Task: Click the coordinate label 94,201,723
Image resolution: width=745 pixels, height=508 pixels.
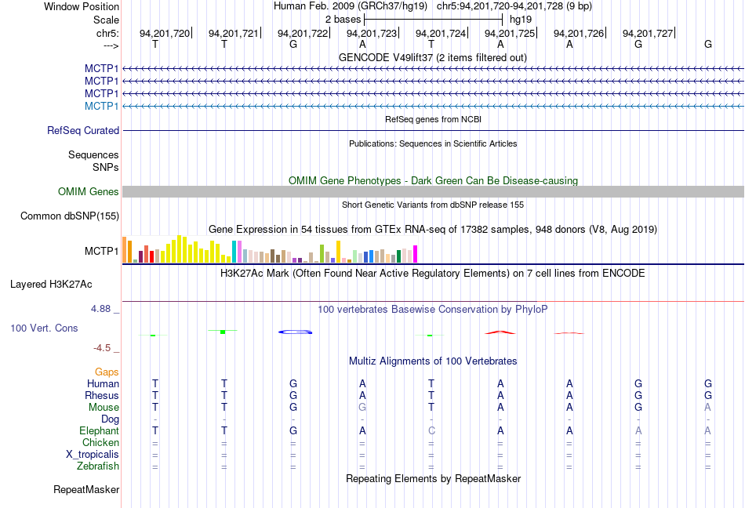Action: [372, 34]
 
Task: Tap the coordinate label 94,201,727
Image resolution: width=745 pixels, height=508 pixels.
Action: [648, 34]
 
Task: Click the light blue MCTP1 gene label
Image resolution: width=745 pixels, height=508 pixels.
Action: [102, 106]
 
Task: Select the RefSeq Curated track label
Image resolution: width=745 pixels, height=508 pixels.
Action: [83, 131]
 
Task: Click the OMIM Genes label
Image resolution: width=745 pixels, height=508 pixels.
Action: [89, 192]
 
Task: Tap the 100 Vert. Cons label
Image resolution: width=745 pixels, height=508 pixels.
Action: [45, 328]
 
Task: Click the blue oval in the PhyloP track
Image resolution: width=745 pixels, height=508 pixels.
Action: [296, 332]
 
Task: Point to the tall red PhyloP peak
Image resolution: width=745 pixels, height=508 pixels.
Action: [500, 332]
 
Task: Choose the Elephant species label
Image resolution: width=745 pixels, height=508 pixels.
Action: [99, 431]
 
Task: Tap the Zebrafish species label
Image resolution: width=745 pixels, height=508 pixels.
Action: [99, 466]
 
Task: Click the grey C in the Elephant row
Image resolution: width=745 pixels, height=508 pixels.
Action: [431, 431]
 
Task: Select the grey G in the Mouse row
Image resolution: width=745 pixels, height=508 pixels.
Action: [362, 408]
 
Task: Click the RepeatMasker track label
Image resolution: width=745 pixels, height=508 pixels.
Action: [86, 490]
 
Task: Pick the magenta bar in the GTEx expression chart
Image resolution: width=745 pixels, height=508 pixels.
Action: [416, 255]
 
